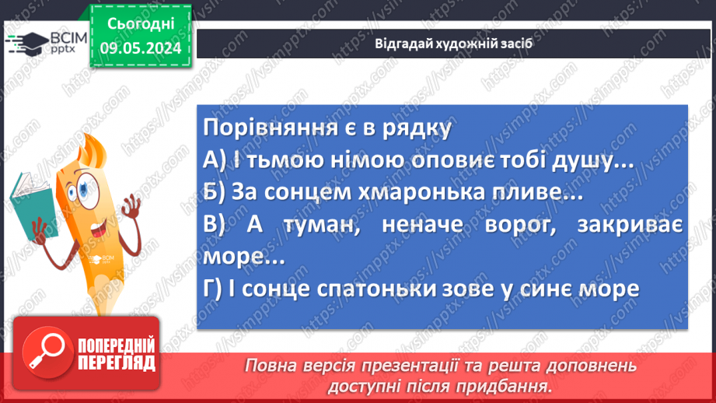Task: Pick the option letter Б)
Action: [213, 193]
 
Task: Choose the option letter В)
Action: [214, 225]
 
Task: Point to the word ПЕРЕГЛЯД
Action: [116, 362]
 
